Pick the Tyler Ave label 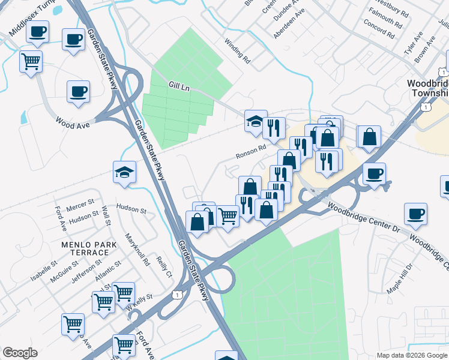[414, 44]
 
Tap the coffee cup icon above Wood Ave [79, 92]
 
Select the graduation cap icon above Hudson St [125, 172]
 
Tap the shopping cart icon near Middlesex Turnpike [31, 61]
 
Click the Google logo [20, 353]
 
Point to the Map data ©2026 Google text [411, 355]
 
